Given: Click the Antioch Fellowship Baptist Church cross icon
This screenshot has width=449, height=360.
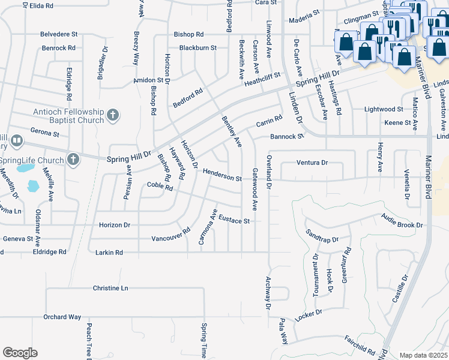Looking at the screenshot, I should [112, 115].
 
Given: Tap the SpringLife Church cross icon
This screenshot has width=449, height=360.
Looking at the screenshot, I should [73, 160].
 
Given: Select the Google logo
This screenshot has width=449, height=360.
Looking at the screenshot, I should [20, 353].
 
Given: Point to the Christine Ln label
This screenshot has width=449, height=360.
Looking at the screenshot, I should [110, 288].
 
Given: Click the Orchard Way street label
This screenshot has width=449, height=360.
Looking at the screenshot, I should [62, 316].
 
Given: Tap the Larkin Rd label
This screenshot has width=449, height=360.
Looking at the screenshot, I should [108, 253].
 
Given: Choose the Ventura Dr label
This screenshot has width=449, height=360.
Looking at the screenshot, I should [312, 163].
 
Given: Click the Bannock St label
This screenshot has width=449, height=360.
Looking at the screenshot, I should [288, 137].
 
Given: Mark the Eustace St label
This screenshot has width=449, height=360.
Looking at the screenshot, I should [234, 220].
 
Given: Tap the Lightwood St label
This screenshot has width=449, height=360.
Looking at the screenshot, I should [384, 109].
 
